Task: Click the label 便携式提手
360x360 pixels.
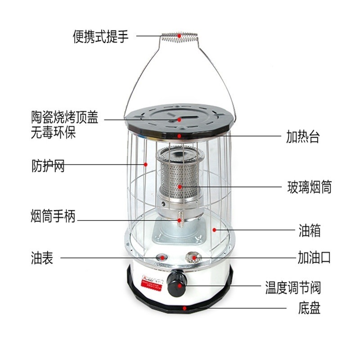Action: click(101, 36)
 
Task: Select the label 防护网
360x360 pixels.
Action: click(48, 165)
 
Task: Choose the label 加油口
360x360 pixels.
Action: click(314, 258)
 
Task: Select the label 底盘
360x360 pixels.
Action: click(309, 309)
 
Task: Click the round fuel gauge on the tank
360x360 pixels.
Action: click(162, 258)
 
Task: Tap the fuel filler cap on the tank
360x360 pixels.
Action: click(193, 258)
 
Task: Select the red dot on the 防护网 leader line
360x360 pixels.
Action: click(146, 165)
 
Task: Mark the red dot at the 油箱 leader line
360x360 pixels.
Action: click(215, 229)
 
